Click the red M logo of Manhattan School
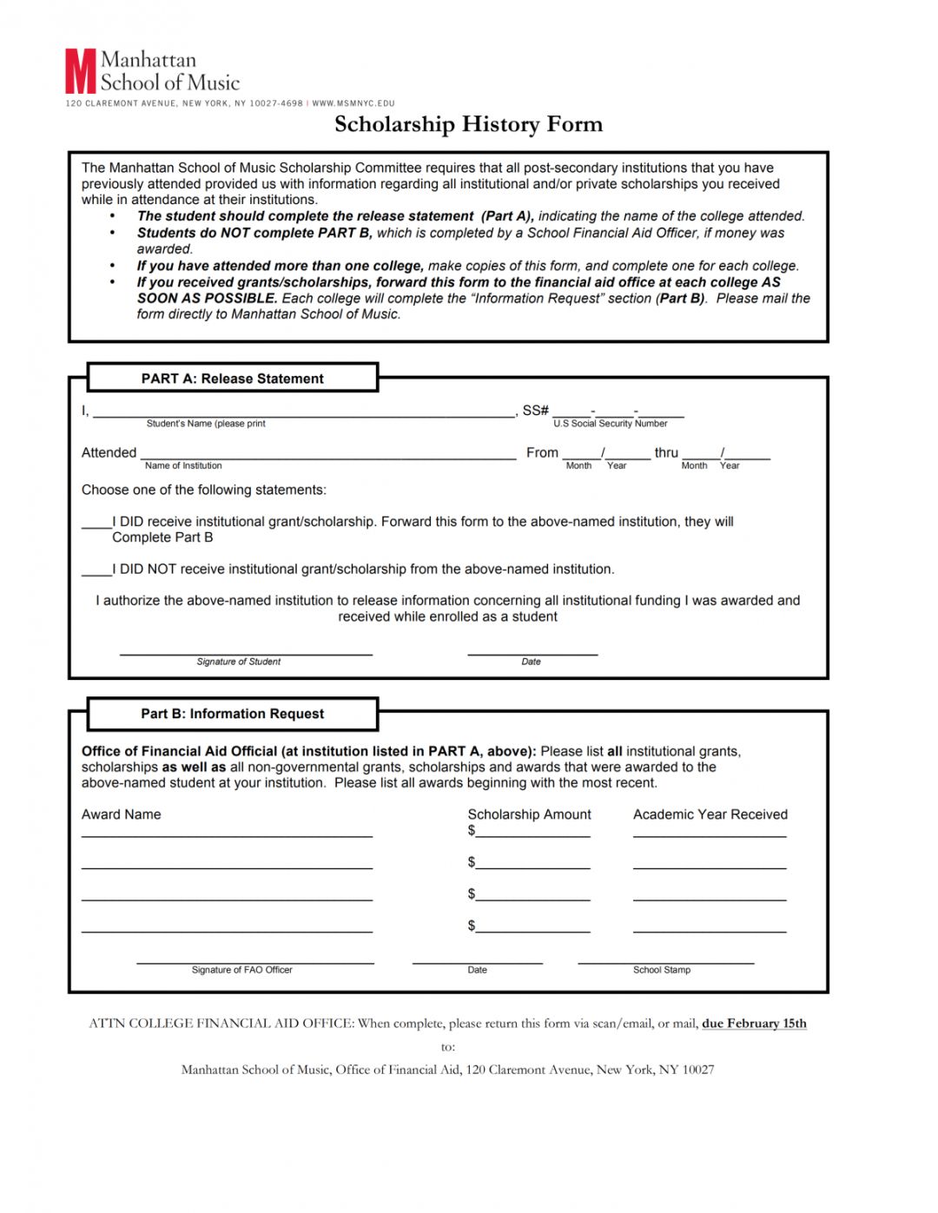point(80,71)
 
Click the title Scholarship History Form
point(468,124)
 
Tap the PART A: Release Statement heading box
point(232,379)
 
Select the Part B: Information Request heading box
point(232,714)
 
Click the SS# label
point(535,410)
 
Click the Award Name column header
point(122,814)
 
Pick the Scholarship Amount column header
point(529,814)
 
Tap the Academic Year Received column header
point(710,814)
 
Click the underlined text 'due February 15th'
point(754,1024)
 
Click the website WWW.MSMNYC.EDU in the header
point(353,103)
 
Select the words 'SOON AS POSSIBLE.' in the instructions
point(207,299)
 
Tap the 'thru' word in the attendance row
point(666,452)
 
